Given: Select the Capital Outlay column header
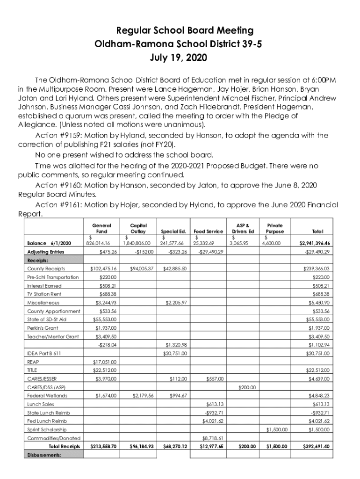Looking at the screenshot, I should (138, 228).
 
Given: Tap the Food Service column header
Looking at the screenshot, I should (208, 231).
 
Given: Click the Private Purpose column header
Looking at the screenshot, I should (274, 228).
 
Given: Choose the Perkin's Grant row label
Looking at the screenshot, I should (43, 328).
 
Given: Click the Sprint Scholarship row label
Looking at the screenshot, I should (47, 429).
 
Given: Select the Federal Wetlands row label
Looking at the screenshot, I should (47, 396).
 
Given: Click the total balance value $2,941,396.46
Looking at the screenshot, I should (315, 243).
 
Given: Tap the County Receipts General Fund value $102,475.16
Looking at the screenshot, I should (103, 269).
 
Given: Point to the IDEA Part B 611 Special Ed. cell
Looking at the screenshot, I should (175, 353).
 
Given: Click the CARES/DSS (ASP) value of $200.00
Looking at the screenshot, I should (247, 387).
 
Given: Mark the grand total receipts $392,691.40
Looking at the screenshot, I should (314, 447).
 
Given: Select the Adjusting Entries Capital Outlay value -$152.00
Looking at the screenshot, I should (144, 252).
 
